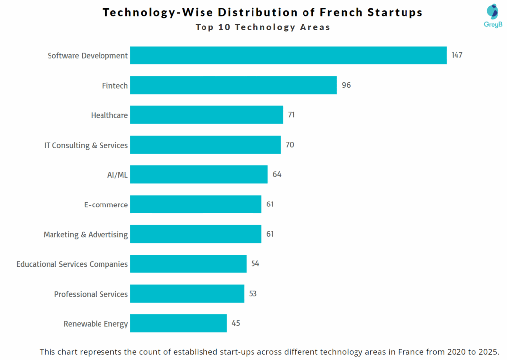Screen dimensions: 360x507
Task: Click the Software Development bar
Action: tap(288, 55)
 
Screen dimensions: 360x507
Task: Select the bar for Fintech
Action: tap(233, 85)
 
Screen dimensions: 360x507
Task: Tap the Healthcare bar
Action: tap(206, 115)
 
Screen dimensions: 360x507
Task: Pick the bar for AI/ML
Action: tap(199, 174)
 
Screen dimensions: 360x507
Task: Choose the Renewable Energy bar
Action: tap(178, 323)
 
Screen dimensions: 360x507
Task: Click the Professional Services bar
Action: tap(187, 294)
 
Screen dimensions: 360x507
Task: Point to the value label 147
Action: tap(456, 55)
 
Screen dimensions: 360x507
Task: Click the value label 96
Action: tap(346, 85)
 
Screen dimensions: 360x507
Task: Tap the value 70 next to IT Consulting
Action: tap(290, 145)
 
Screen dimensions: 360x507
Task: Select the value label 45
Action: tap(236, 323)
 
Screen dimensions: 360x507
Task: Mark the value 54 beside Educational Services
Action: tap(255, 264)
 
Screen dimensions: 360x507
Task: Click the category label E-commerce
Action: tap(105, 205)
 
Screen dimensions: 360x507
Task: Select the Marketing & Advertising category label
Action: tap(86, 234)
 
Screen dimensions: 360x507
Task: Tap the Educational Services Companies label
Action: tap(72, 264)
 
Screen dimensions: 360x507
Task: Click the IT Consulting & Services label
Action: tap(86, 145)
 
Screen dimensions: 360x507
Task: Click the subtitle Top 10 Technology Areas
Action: tap(262, 27)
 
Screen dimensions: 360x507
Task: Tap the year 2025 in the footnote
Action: tap(489, 352)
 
